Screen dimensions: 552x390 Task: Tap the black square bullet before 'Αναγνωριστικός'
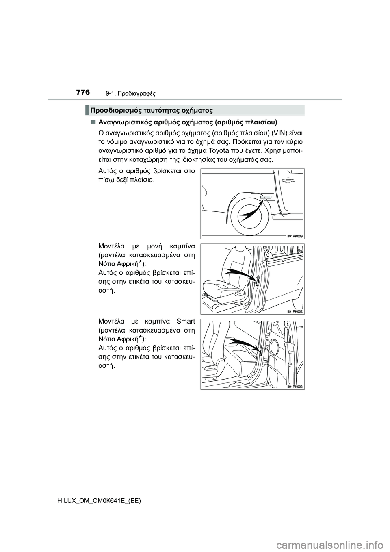93,122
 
